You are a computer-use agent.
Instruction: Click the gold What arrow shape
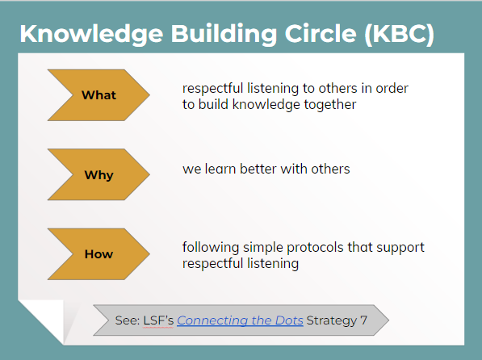98,95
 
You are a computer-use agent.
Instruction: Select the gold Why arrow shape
98,175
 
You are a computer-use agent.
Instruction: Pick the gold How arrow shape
98,254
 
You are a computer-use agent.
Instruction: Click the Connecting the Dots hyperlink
240,320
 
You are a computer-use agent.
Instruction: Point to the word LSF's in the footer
158,320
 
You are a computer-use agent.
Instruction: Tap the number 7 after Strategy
363,320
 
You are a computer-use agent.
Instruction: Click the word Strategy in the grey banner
332,320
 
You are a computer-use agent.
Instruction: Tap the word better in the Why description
258,170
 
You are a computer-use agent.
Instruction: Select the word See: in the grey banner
128,320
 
